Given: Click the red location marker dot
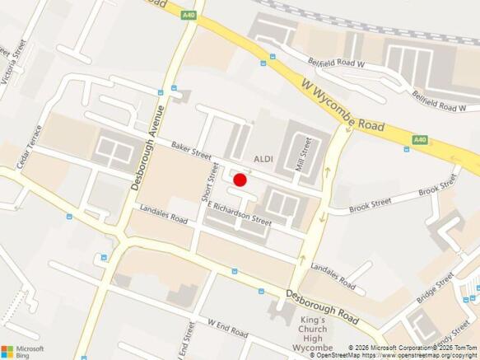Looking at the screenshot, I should pyautogui.click(x=240, y=180).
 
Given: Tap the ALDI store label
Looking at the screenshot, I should pyautogui.click(x=263, y=158).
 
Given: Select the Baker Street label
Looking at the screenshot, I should pyautogui.click(x=191, y=149).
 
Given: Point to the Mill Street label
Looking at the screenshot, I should pyautogui.click(x=301, y=154).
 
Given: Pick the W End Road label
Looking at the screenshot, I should pyautogui.click(x=227, y=328).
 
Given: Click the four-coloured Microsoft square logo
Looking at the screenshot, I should pyautogui.click(x=8, y=348).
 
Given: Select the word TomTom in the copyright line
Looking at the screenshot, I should pyautogui.click(x=463, y=348).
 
